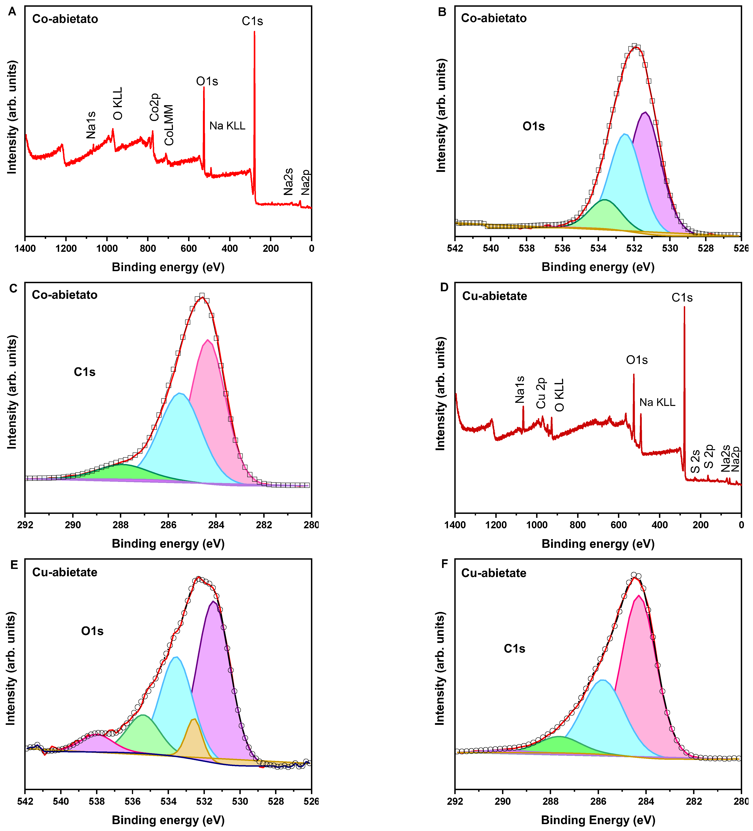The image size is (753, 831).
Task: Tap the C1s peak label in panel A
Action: click(x=252, y=21)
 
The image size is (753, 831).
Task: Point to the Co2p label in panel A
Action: click(x=154, y=107)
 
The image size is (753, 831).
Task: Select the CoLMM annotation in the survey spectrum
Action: click(x=169, y=125)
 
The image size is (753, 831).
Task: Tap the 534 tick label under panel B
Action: click(x=598, y=249)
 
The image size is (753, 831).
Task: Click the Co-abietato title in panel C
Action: click(x=65, y=295)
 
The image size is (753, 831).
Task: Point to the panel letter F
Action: click(x=444, y=564)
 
